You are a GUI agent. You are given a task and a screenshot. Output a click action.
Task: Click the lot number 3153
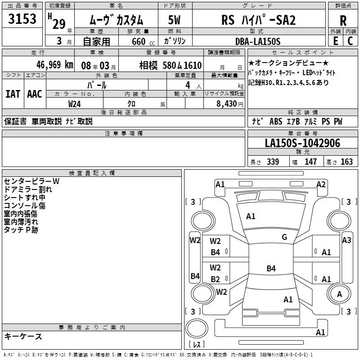[x=22, y=20]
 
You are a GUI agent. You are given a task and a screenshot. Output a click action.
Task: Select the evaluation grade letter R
[x=343, y=21]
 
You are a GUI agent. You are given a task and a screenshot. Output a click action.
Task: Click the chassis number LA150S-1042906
[x=302, y=144]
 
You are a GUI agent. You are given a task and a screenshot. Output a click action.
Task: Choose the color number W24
[x=75, y=103]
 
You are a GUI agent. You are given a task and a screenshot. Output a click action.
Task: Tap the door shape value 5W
[x=175, y=21]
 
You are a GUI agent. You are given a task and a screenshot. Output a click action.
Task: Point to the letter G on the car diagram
[x=284, y=237]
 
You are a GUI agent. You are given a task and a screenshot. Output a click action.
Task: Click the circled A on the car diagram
[x=339, y=294]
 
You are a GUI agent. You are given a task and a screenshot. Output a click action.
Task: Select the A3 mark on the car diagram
[x=346, y=240]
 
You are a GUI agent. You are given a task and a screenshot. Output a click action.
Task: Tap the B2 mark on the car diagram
[x=216, y=279]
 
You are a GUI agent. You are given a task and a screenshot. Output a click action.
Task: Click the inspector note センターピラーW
[x=31, y=181]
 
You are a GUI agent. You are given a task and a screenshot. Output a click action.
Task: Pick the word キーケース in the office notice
[x=23, y=336]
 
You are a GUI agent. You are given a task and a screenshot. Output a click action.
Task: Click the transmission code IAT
[x=13, y=94]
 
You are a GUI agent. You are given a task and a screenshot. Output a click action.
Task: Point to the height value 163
[x=346, y=162]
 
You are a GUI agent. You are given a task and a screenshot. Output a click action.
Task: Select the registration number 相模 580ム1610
[x=171, y=65]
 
